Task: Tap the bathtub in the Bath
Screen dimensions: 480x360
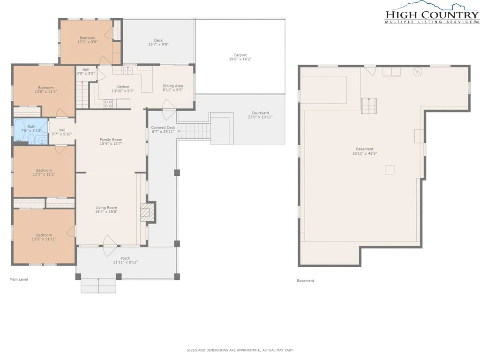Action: point(19,130)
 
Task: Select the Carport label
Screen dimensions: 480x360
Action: point(240,55)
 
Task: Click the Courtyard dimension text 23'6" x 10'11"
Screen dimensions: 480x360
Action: point(260,117)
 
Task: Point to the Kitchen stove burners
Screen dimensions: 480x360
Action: point(108,104)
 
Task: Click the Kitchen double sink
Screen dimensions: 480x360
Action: point(127,71)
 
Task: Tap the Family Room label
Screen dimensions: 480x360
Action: point(111,140)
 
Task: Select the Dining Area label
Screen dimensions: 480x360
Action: point(172,86)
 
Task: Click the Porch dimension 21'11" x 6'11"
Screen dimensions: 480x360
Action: point(126,262)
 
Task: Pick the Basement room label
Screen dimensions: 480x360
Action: point(365,149)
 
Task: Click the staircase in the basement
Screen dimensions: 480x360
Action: point(368,106)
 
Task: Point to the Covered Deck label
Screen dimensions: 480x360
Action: point(163,127)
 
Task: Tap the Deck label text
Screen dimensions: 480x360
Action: point(158,40)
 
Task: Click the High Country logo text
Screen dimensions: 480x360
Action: point(432,15)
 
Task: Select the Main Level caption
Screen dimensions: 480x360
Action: point(19,279)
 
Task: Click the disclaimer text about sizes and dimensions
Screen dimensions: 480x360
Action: point(240,350)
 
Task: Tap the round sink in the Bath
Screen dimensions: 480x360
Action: point(42,141)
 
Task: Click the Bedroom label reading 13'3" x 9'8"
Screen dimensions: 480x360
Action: point(87,42)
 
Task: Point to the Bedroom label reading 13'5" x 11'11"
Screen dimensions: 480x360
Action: point(44,239)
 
